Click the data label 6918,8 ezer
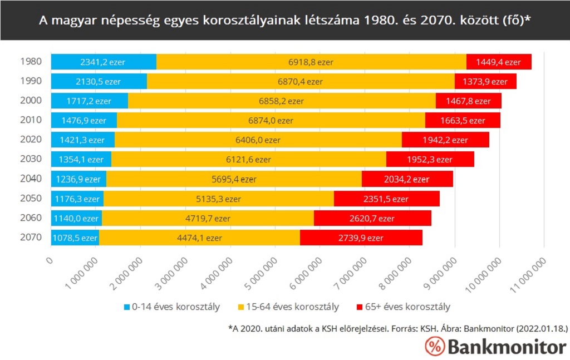pos(311,62)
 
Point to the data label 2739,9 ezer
pos(360,238)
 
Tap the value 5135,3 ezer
pos(218,199)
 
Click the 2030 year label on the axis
pos(31,159)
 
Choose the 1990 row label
pos(31,81)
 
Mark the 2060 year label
pos(31,218)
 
